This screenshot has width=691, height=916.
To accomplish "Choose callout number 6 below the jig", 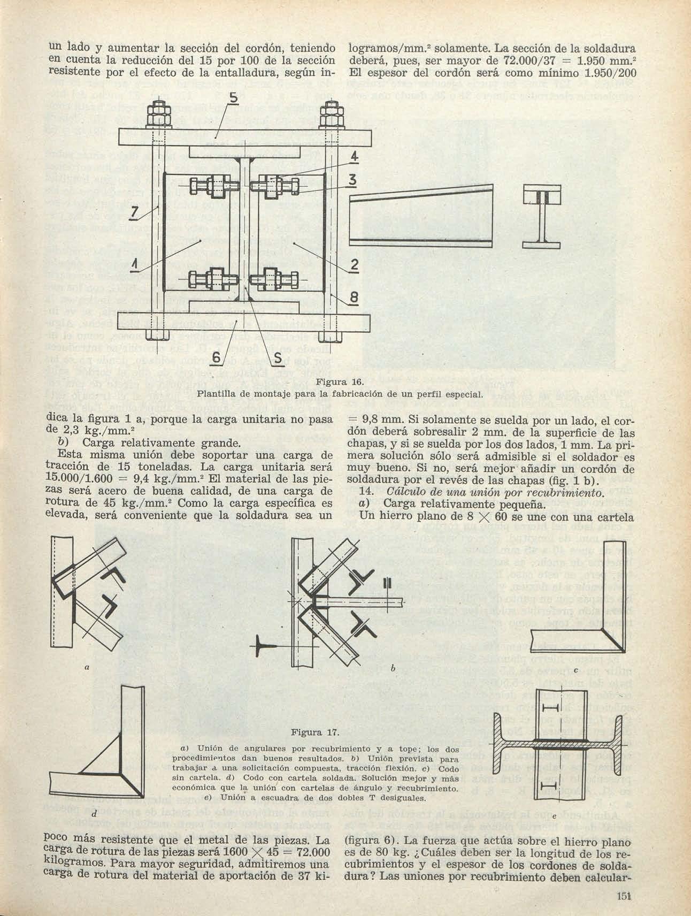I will [x=216, y=357].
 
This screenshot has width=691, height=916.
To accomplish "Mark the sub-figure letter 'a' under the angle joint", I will [x=86, y=667].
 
